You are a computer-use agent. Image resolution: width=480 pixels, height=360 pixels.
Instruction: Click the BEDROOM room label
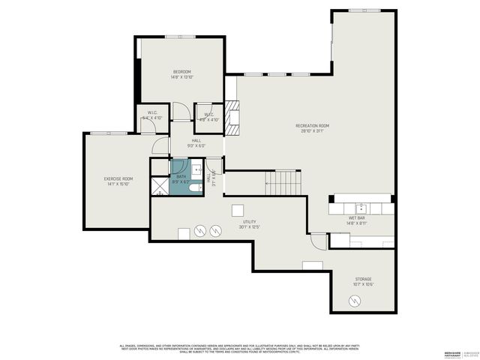click(181, 71)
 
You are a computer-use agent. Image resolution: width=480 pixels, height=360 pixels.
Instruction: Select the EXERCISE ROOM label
click(118, 178)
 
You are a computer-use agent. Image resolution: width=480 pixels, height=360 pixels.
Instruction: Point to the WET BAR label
click(356, 219)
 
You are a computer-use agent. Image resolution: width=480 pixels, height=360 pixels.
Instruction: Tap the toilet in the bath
click(193, 187)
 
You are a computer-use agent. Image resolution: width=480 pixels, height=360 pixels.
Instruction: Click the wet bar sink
click(361, 205)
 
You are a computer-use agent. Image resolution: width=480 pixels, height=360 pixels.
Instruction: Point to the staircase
click(283, 182)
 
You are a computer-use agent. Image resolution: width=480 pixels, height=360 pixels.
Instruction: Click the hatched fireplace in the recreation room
click(232, 118)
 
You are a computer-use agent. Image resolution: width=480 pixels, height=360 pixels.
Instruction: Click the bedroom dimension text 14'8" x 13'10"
click(181, 76)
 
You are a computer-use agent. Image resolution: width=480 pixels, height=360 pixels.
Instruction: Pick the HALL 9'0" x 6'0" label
click(196, 143)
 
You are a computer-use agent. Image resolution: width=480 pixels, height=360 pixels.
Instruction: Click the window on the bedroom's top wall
click(180, 36)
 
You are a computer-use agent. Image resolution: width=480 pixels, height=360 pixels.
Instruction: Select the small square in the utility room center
click(238, 210)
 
